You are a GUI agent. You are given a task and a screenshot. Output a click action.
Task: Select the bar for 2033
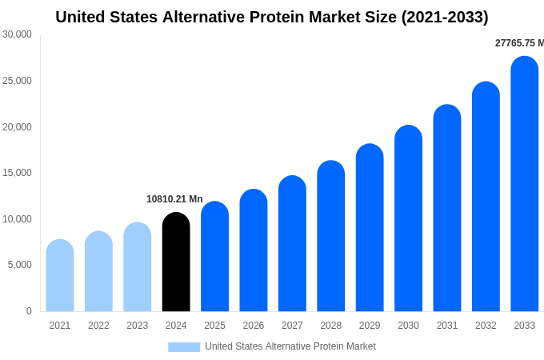point(524,184)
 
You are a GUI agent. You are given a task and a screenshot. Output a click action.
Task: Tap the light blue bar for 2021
point(60,276)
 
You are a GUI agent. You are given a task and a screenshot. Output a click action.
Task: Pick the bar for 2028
point(330,236)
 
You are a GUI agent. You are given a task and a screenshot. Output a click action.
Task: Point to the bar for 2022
point(98,272)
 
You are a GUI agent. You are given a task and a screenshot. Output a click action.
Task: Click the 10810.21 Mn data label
point(174,199)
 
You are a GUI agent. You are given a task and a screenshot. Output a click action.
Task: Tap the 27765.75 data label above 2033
point(518,43)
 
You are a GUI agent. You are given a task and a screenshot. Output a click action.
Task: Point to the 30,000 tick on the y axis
point(17,34)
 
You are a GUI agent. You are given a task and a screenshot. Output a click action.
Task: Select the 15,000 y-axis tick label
point(17,173)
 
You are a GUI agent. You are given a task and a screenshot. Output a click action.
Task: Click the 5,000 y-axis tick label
point(19,265)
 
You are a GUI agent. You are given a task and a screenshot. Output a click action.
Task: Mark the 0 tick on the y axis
point(29,311)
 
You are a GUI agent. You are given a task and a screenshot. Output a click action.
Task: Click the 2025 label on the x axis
point(214,326)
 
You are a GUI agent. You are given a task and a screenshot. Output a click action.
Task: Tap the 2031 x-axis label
point(447,326)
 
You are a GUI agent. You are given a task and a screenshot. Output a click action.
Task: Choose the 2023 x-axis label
point(137,326)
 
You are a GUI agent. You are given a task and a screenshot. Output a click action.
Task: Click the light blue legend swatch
point(184,346)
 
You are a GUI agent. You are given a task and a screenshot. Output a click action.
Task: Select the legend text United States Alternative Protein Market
point(290,346)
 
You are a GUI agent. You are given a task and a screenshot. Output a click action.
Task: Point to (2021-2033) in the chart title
point(445,17)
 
